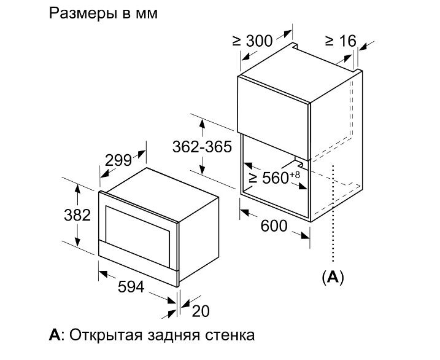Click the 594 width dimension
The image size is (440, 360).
pyautogui.click(x=131, y=287)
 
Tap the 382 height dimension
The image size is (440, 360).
pyautogui.click(x=77, y=215)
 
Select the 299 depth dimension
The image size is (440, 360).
pyautogui.click(x=118, y=160)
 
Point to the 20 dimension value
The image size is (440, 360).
pyautogui.click(x=200, y=311)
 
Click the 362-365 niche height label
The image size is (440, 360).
pyautogui.click(x=202, y=147)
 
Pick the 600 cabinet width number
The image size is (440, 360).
pyautogui.click(x=274, y=226)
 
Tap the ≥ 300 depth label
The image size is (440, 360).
pyautogui.click(x=253, y=41)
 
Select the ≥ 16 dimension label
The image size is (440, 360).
pyautogui.click(x=341, y=41)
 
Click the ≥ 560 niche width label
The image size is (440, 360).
pyautogui.click(x=269, y=178)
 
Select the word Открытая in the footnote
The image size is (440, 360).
pyautogui.click(x=106, y=335)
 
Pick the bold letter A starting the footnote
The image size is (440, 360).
pyautogui.click(x=55, y=335)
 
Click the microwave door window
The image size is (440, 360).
pyautogui.click(x=137, y=237)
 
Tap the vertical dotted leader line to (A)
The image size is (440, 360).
pyautogui.click(x=333, y=213)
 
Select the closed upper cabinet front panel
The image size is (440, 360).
pyautogui.click(x=272, y=118)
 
